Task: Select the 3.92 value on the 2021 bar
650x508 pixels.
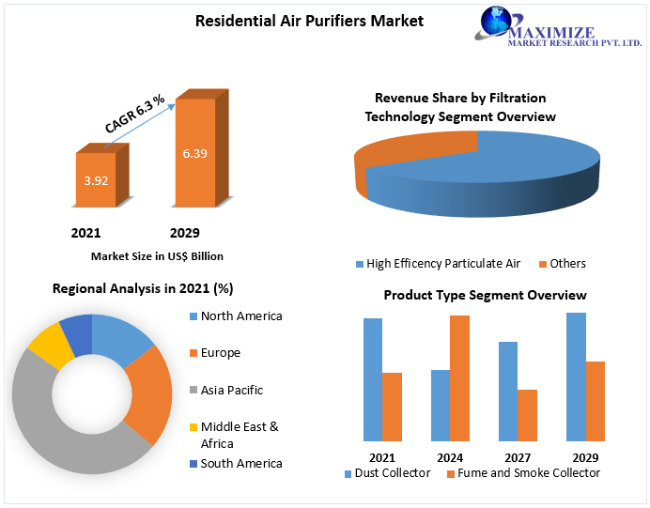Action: pyautogui.click(x=95, y=179)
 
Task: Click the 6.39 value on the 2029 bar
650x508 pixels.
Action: pyautogui.click(x=194, y=153)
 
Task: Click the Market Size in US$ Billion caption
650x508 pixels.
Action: pyautogui.click(x=157, y=255)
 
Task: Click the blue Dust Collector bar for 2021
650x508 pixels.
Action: pyautogui.click(x=373, y=379)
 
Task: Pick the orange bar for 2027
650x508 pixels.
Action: pyautogui.click(x=527, y=415)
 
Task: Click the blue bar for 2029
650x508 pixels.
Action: pyautogui.click(x=576, y=377)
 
